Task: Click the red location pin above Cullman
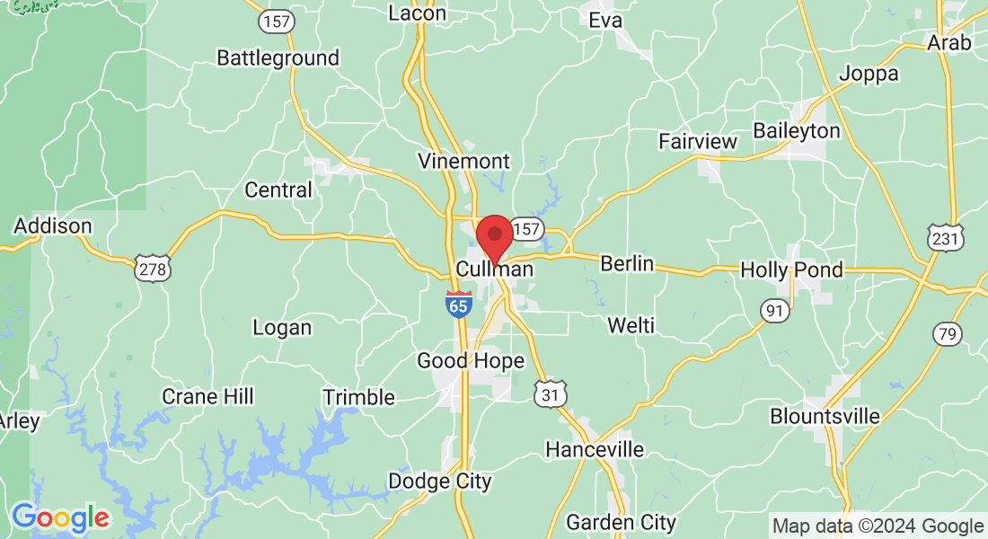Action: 494,236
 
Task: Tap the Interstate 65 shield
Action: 459,304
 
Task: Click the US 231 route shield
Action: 947,237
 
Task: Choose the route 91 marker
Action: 774,311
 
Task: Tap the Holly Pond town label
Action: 791,269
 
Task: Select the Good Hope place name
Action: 470,361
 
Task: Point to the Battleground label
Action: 278,58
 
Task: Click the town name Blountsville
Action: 825,416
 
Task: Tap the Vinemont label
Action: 463,162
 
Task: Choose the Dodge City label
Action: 439,482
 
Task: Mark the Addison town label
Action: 53,225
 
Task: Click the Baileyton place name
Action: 796,131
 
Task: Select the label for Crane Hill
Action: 207,396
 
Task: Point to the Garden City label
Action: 621,521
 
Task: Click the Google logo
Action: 60,517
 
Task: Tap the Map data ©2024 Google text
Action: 878,526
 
